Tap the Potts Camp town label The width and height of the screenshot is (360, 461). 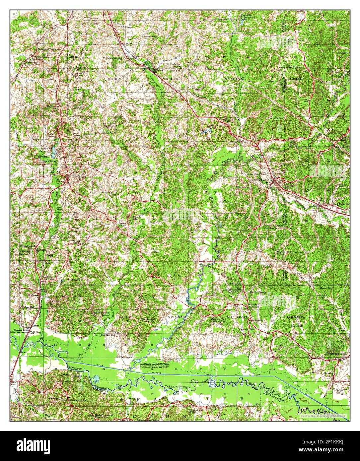point(261,180)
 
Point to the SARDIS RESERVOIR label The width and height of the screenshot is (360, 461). point(153,364)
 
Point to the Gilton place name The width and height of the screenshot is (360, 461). point(73,57)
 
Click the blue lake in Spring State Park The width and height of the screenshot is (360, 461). point(54,152)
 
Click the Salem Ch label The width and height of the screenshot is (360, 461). point(296,326)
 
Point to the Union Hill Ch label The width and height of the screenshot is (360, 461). point(76,400)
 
